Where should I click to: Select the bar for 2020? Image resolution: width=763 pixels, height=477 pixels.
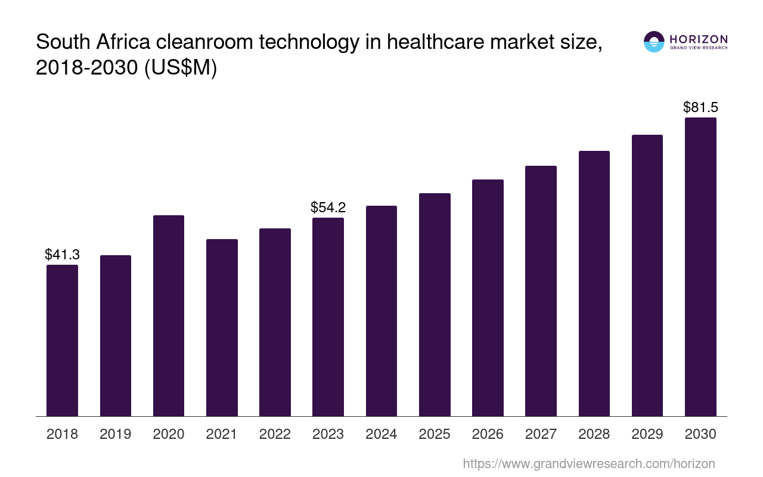tap(169, 315)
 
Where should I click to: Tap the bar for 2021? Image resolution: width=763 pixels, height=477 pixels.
tap(222, 327)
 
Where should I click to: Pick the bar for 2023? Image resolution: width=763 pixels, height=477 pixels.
tap(328, 317)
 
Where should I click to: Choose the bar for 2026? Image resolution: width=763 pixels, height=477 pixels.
tap(488, 298)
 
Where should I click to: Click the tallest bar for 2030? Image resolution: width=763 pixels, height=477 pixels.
tap(700, 267)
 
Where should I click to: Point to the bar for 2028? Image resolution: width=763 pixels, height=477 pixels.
tap(594, 283)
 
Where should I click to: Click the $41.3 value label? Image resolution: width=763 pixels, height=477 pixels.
tap(62, 255)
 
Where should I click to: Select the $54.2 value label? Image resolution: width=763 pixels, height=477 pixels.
tap(328, 207)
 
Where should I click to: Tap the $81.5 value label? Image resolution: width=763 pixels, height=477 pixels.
tap(700, 107)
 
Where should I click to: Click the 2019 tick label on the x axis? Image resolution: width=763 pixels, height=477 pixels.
tap(115, 434)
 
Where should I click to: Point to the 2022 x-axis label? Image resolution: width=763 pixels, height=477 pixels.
tap(275, 434)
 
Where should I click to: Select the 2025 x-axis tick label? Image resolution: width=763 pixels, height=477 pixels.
tap(435, 434)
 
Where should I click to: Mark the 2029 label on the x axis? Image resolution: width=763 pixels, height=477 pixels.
tap(647, 434)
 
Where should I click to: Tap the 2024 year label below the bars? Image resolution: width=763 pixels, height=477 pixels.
tap(381, 434)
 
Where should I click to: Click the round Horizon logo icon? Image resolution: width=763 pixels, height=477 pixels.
tap(654, 42)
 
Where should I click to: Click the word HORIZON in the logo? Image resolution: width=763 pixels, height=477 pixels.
tap(699, 39)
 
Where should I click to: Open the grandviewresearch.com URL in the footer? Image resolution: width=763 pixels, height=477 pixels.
tap(588, 463)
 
